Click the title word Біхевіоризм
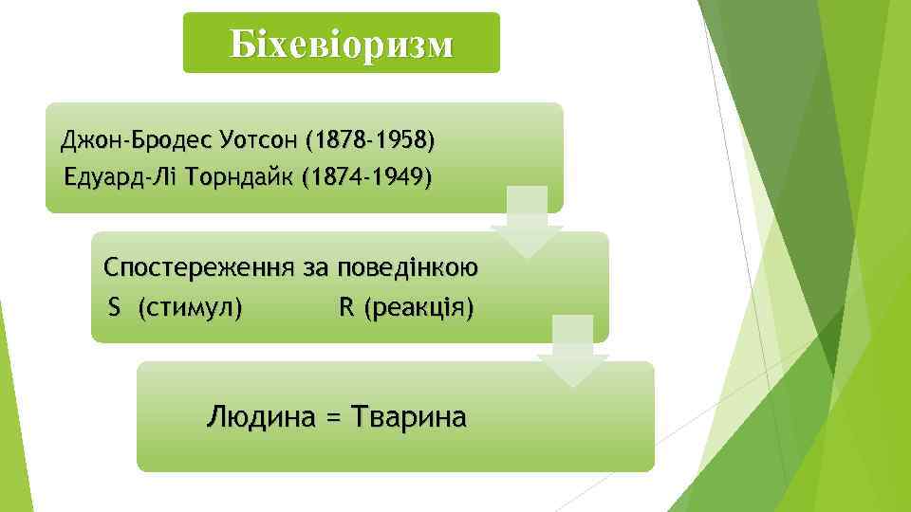(341, 44)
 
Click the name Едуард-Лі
(108, 176)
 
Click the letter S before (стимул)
(114, 308)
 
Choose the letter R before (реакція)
(345, 308)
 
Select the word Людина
(260, 416)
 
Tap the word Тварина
(408, 416)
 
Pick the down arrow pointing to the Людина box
(572, 353)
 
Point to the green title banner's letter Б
(238, 44)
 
